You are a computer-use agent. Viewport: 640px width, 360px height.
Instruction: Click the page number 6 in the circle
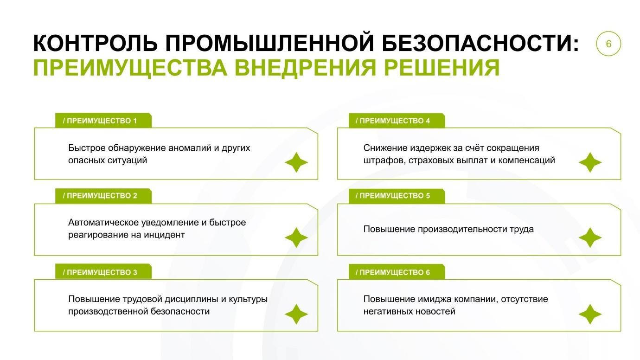(x=608, y=44)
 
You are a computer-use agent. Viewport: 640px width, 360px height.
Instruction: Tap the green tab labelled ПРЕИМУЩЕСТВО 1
(x=103, y=121)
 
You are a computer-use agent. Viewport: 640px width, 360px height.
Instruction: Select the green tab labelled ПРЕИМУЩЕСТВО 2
(x=103, y=196)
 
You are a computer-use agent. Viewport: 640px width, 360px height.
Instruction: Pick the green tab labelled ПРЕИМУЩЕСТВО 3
(x=103, y=272)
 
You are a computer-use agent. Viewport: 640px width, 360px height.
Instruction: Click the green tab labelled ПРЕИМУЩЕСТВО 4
(x=396, y=121)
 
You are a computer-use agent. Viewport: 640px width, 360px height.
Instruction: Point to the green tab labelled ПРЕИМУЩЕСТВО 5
(x=396, y=196)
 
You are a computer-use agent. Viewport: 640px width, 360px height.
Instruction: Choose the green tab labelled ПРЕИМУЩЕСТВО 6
(x=396, y=272)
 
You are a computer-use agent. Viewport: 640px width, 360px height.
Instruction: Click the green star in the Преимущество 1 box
(x=296, y=162)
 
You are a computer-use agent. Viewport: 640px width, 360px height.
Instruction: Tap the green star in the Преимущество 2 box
(x=296, y=238)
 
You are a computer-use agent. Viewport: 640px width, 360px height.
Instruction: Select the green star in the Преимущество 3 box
(x=296, y=315)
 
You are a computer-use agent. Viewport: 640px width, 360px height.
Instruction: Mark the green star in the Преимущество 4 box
(x=590, y=162)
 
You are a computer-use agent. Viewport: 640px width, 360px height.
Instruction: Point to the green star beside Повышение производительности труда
(x=590, y=238)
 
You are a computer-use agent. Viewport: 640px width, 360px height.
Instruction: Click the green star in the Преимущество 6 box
(x=590, y=315)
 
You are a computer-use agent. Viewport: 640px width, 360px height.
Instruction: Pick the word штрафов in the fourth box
(x=380, y=161)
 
